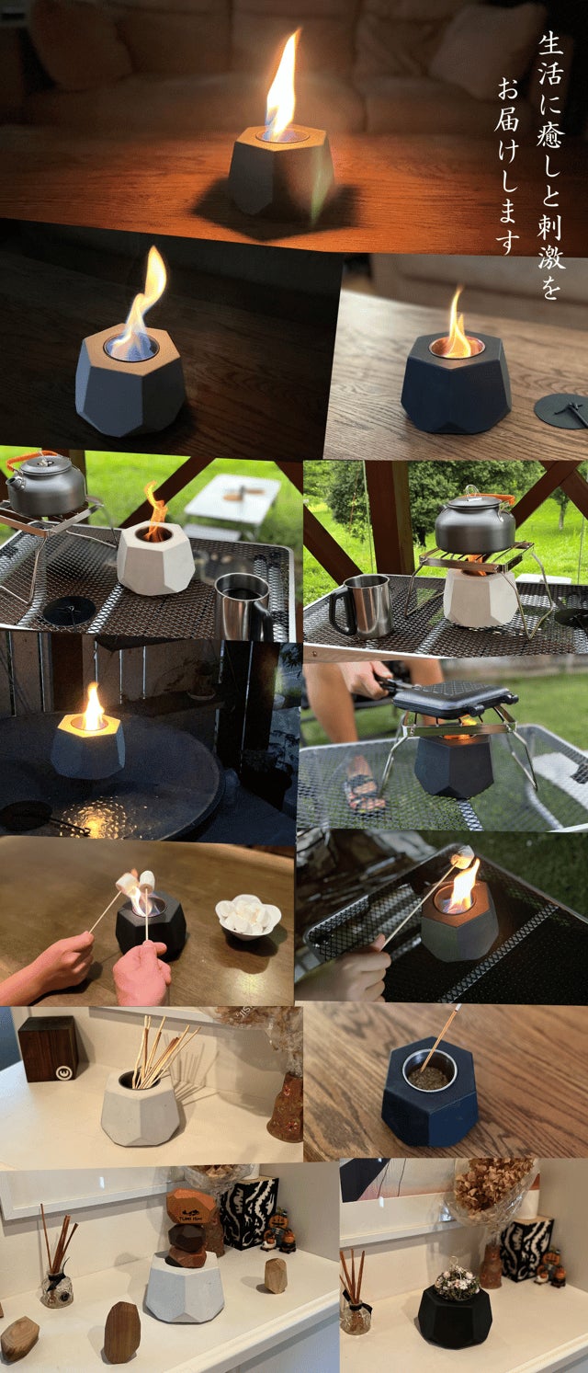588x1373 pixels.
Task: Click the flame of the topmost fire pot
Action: [283, 86]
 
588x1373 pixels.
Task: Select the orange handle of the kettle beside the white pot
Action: [36, 460]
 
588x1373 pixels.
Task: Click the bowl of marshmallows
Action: [248, 916]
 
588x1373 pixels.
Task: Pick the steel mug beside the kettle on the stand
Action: [361, 606]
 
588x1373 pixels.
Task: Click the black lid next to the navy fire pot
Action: [560, 408]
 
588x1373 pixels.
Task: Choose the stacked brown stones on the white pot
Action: [190, 1225]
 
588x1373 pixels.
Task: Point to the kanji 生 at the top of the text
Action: [550, 43]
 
